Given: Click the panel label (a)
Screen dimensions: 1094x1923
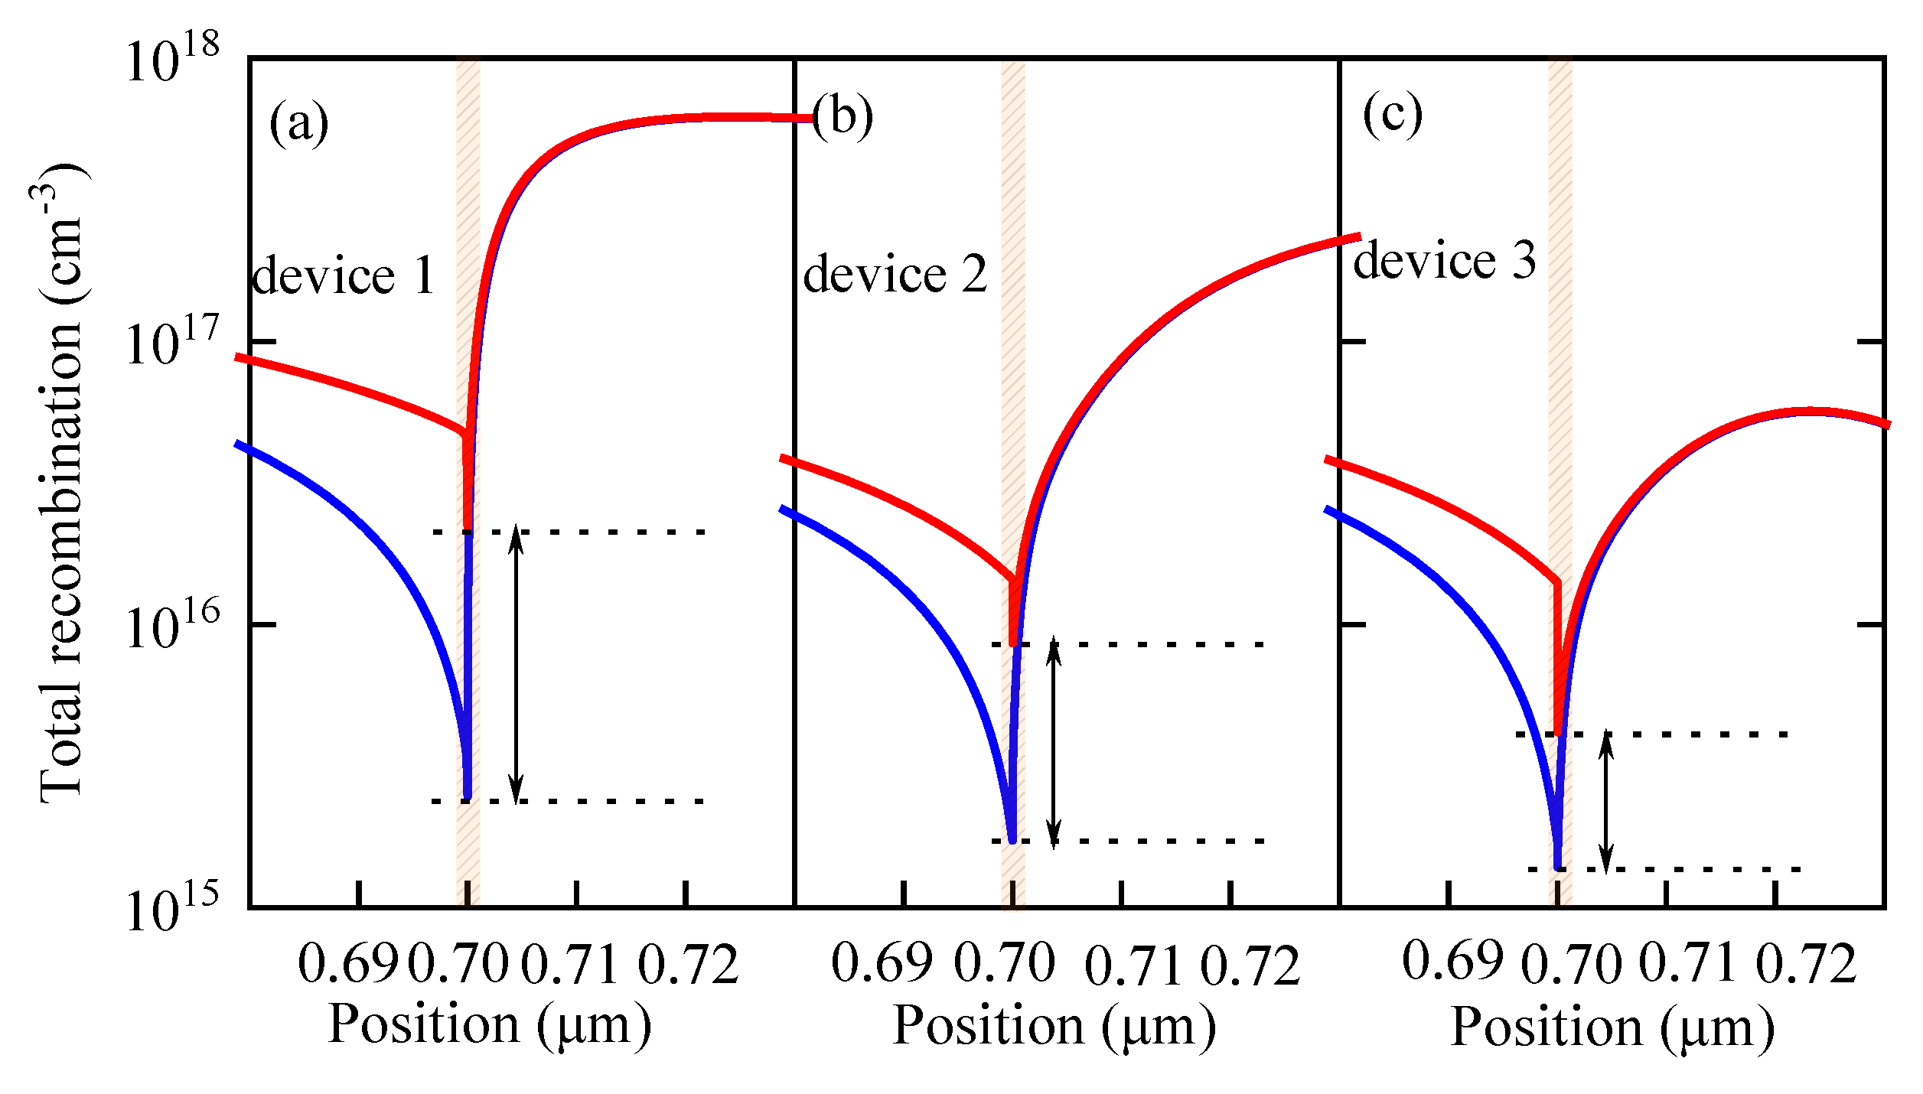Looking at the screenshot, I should [298, 122].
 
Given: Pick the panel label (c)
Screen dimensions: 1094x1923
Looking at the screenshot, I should [1392, 115].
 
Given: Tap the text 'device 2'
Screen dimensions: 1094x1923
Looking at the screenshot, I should [895, 274].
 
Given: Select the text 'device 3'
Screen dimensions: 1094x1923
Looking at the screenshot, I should [1444, 260].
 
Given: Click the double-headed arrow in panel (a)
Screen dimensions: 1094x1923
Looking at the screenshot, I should [517, 664].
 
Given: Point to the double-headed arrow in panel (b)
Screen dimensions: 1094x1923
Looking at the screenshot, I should [1054, 742].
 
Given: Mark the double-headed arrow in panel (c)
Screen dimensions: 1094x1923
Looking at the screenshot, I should [1606, 801].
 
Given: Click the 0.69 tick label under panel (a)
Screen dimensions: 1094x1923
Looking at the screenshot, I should [348, 963].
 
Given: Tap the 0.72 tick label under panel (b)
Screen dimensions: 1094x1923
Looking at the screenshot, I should [1250, 965].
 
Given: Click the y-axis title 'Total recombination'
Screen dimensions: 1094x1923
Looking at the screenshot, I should [61, 482].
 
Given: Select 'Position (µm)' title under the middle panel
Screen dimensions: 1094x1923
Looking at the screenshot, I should [1054, 1026].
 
